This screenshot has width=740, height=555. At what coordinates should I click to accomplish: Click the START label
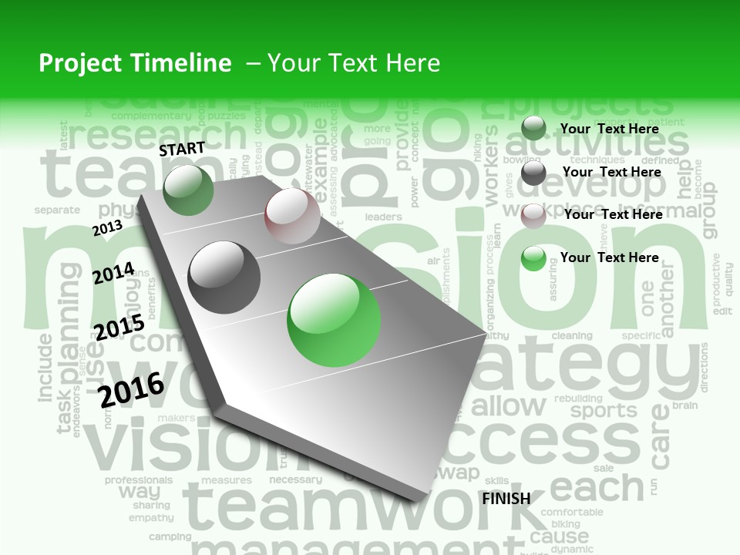[x=182, y=149]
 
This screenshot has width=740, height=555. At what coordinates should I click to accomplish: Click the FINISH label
[x=506, y=499]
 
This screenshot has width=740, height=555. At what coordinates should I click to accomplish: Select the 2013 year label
[x=108, y=227]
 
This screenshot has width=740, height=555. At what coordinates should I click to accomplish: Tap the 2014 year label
[x=113, y=273]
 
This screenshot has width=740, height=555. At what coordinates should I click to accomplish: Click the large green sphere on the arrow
[x=334, y=320]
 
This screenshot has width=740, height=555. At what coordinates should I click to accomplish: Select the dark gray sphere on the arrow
[x=224, y=277]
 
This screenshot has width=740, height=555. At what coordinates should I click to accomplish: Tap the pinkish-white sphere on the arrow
[x=292, y=217]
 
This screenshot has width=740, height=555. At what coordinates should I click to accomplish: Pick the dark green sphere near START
[x=189, y=190]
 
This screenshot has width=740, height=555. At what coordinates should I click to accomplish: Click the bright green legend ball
[x=533, y=258]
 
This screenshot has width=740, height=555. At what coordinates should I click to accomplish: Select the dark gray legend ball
[x=533, y=173]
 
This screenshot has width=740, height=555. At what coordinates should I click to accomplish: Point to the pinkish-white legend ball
[x=533, y=216]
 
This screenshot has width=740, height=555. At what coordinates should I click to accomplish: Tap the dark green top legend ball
[x=533, y=128]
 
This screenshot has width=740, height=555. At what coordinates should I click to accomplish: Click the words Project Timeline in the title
[x=135, y=63]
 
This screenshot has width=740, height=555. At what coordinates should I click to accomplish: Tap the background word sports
[x=603, y=409]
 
